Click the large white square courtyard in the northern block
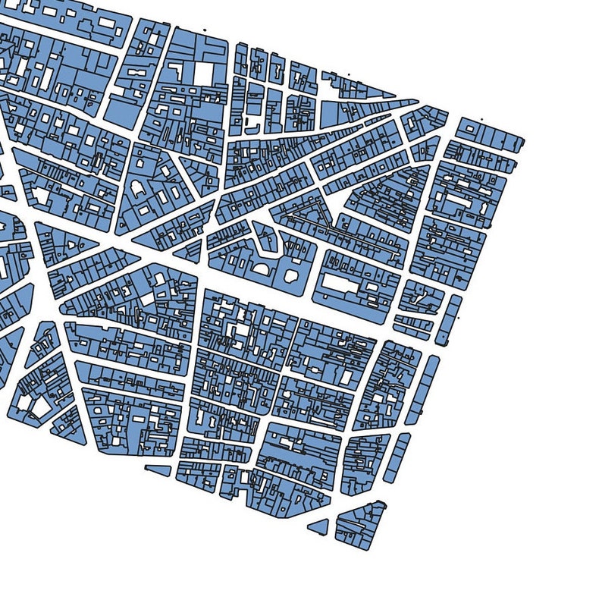(205, 73)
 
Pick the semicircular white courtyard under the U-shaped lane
(261, 267)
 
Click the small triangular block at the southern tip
(318, 526)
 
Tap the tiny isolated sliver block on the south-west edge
(158, 470)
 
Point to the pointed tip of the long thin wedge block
(416, 102)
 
